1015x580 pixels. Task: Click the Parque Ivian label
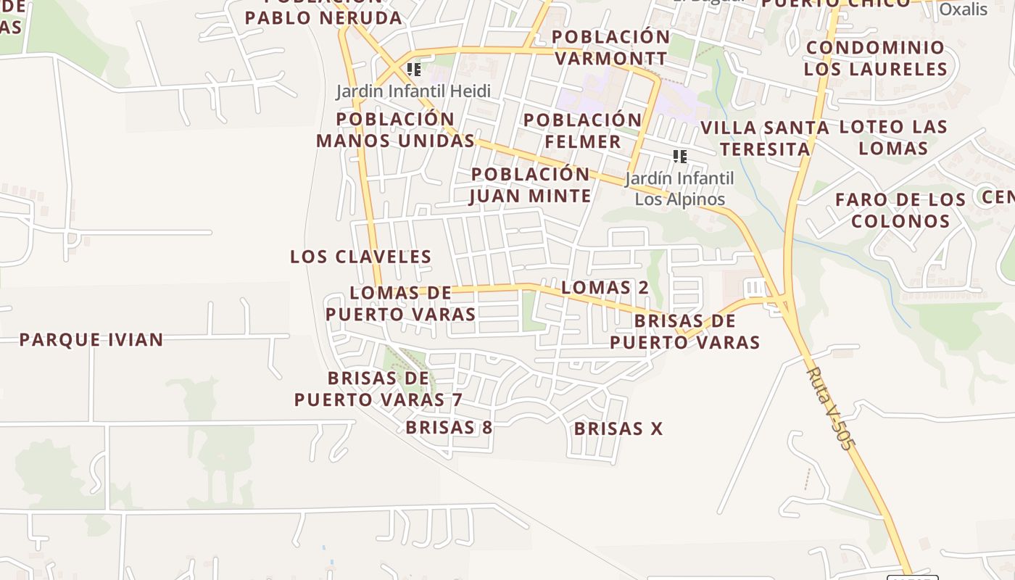pyautogui.click(x=91, y=339)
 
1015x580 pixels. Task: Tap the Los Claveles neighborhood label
pyautogui.click(x=360, y=257)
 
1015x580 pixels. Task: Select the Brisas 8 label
pyautogui.click(x=449, y=427)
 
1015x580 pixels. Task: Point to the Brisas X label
pyautogui.click(x=618, y=428)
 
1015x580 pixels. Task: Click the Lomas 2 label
pyautogui.click(x=605, y=287)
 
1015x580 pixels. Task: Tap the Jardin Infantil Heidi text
pyautogui.click(x=413, y=91)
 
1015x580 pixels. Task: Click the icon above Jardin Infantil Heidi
pyautogui.click(x=414, y=70)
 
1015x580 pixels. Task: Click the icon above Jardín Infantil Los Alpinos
pyautogui.click(x=679, y=156)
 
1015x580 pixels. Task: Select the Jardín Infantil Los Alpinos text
pyautogui.click(x=679, y=188)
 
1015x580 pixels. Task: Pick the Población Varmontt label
pyautogui.click(x=611, y=47)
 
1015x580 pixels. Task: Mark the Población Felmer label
pyautogui.click(x=583, y=130)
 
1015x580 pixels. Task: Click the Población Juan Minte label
pyautogui.click(x=531, y=185)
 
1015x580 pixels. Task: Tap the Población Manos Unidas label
pyautogui.click(x=395, y=130)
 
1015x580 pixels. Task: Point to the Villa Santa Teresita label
pyautogui.click(x=764, y=138)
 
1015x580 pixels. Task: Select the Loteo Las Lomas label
pyautogui.click(x=893, y=137)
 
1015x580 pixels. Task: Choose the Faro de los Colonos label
pyautogui.click(x=900, y=210)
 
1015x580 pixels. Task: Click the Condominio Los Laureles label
pyautogui.click(x=875, y=58)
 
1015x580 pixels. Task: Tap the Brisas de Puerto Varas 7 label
pyautogui.click(x=378, y=389)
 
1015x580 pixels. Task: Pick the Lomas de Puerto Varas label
pyautogui.click(x=400, y=303)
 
